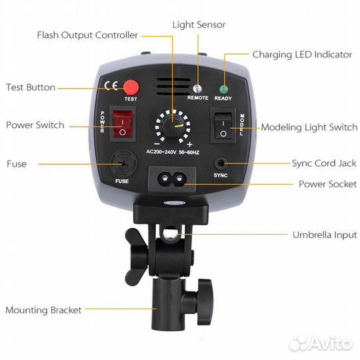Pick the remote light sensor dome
coord(197,88)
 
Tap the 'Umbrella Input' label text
coord(325,235)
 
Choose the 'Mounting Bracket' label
coord(43,310)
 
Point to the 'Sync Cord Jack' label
coord(324,163)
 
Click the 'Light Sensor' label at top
coord(199,25)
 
